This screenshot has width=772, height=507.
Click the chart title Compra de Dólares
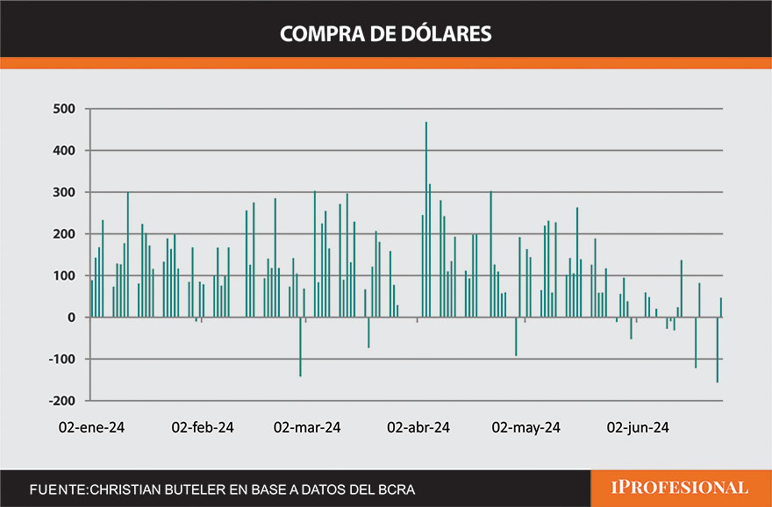[x=385, y=33]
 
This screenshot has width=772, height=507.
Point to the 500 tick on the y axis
[x=64, y=110]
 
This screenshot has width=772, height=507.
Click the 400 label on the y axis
[x=64, y=151]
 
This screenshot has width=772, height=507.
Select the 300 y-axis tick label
[x=64, y=193]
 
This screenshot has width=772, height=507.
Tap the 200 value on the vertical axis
[x=64, y=234]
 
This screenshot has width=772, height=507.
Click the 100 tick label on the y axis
[x=64, y=276]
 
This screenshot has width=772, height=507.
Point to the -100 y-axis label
[x=61, y=360]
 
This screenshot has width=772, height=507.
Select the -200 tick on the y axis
[x=61, y=401]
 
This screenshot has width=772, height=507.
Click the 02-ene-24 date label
[x=91, y=428]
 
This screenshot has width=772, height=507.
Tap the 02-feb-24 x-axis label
[x=202, y=428]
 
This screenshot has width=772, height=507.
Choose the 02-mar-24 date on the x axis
[x=307, y=428]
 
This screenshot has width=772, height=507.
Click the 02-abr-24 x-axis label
[x=418, y=428]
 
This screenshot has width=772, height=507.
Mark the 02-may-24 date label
[x=526, y=428]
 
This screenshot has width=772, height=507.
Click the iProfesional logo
[x=681, y=488]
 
